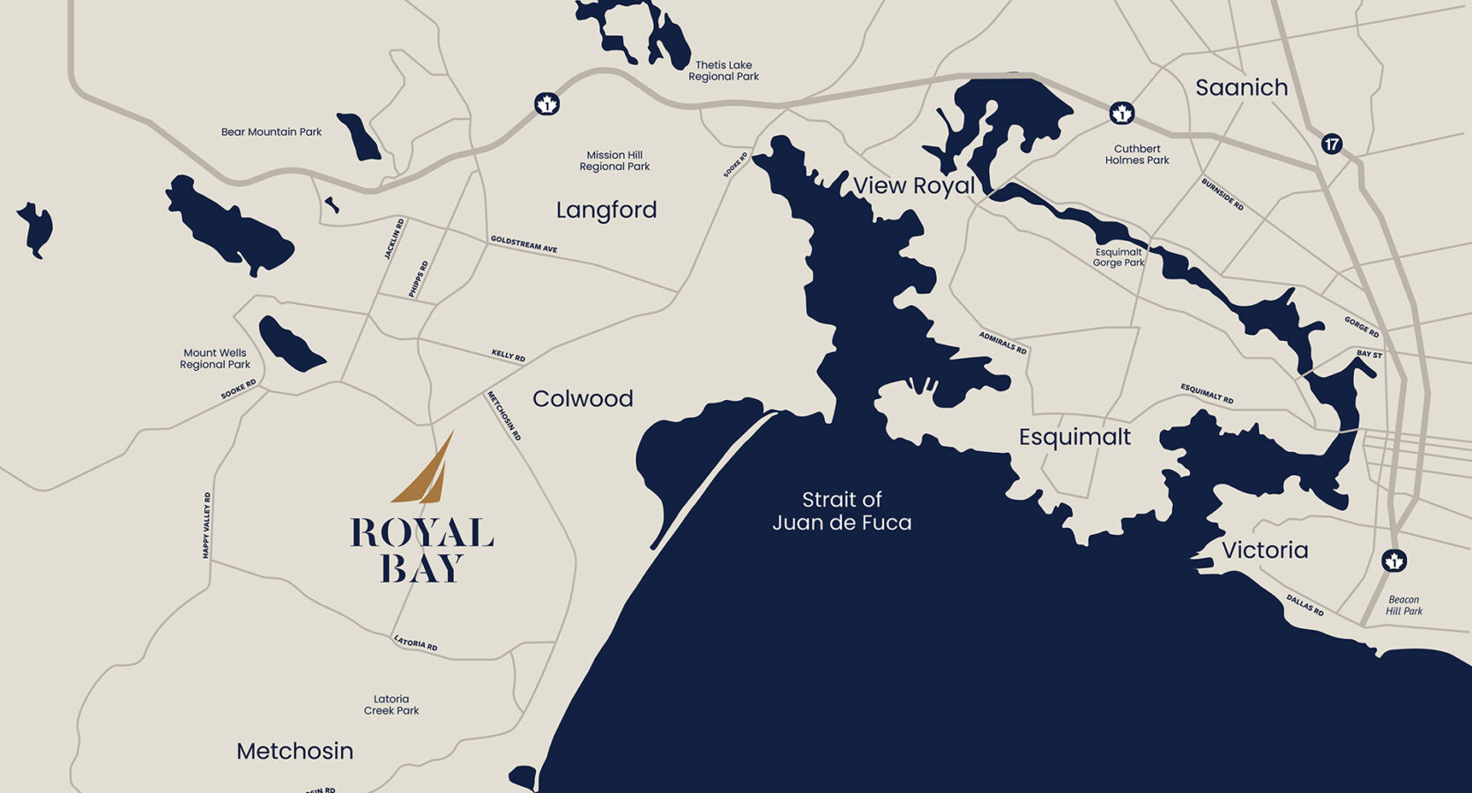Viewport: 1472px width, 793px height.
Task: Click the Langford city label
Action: [606, 210]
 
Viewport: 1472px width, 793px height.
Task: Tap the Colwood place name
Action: [583, 398]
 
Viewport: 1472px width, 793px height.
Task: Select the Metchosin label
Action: [294, 751]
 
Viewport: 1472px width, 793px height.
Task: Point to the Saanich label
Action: [1241, 87]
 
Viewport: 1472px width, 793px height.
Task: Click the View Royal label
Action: [914, 186]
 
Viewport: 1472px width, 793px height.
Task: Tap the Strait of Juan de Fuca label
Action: [842, 511]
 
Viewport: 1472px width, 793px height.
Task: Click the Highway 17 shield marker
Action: [1332, 144]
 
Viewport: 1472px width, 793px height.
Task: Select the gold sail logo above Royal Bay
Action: [426, 469]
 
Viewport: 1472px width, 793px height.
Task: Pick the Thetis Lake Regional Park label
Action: [724, 70]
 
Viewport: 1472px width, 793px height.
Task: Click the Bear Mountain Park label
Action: [271, 132]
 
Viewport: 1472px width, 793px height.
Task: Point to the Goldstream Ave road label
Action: [524, 244]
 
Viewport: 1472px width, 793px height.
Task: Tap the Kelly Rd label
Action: [509, 355]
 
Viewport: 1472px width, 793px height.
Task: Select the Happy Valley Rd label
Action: [207, 525]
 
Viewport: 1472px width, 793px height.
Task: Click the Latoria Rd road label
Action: [415, 643]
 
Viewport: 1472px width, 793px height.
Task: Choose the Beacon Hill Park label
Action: [1403, 605]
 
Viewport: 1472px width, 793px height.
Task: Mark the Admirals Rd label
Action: [1003, 343]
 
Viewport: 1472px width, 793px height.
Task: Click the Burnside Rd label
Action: [1223, 195]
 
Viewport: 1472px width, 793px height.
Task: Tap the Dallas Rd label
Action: [1305, 604]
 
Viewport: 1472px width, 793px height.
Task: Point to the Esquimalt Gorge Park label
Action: [1119, 257]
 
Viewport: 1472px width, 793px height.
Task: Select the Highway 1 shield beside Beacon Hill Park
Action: [1394, 560]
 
